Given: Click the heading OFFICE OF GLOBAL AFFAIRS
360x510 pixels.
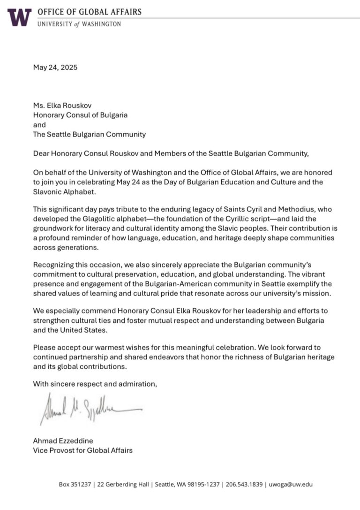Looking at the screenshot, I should pos(89,12).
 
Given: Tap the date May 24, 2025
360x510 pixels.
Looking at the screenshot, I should pos(55,67).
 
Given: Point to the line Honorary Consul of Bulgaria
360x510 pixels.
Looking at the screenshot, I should pos(80,114).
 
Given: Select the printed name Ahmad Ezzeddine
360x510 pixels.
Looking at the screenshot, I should pos(62,441).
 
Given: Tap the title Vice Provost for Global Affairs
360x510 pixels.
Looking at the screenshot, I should pos(82,450).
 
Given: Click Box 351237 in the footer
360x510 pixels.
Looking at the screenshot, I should pos(75,484).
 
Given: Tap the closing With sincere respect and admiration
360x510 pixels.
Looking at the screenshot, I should pos(95,384).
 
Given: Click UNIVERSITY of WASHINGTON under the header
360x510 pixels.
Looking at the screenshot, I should pos(79,23).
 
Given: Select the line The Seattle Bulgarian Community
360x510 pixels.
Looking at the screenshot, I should pos(89,134).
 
